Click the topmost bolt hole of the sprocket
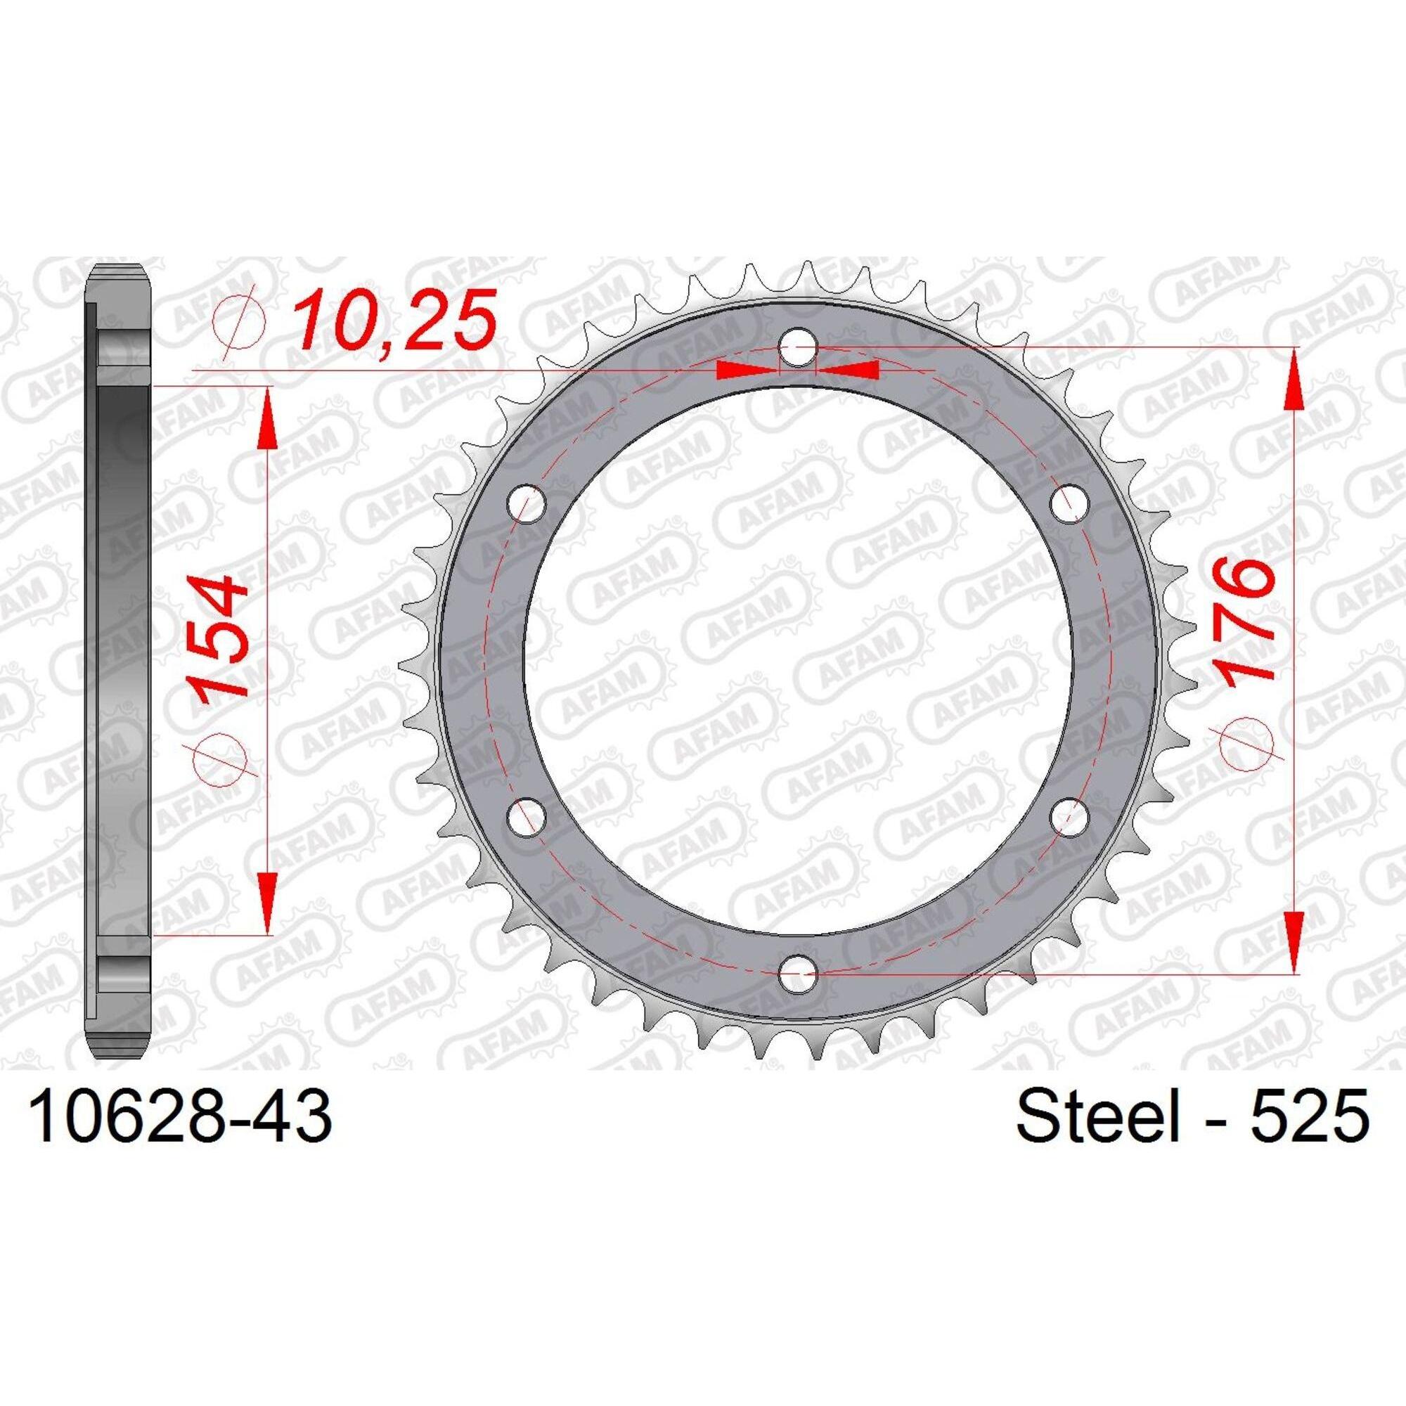pos(799,346)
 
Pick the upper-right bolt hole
pos(1069,503)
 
